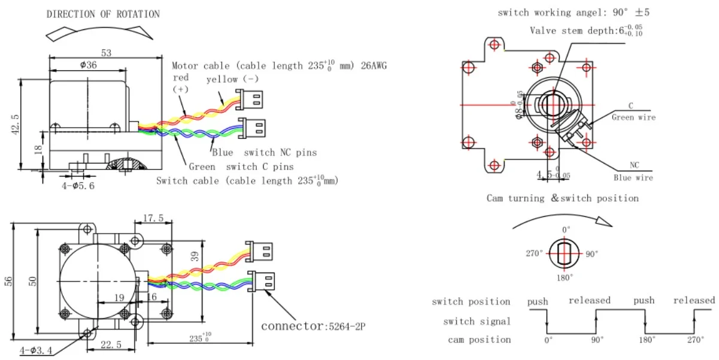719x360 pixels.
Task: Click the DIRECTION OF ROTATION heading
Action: pyautogui.click(x=103, y=14)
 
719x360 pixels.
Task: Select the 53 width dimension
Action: pyautogui.click(x=106, y=53)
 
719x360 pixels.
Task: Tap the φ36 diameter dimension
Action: pyautogui.click(x=88, y=65)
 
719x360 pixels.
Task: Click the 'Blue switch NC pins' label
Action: pyautogui.click(x=264, y=153)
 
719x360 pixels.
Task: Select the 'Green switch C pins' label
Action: pyautogui.click(x=241, y=167)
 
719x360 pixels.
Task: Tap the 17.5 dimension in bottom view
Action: pyautogui.click(x=153, y=219)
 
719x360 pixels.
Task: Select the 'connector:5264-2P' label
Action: pyautogui.click(x=313, y=326)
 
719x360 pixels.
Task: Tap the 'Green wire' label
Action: pyautogui.click(x=633, y=117)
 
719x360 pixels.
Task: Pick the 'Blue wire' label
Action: pyautogui.click(x=633, y=177)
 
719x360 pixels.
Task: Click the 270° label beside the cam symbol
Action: pyautogui.click(x=535, y=253)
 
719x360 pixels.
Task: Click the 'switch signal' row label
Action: pyautogui.click(x=477, y=322)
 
